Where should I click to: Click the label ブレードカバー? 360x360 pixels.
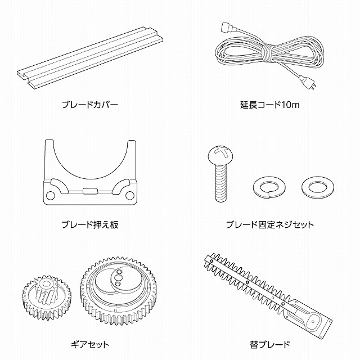pyautogui.click(x=90, y=105)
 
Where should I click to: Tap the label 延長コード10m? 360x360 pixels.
pyautogui.click(x=270, y=105)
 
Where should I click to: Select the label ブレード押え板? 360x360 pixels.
pyautogui.click(x=90, y=224)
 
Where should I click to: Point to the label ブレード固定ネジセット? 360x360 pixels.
pyautogui.click(x=270, y=224)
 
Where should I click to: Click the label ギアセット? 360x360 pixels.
pyautogui.click(x=90, y=344)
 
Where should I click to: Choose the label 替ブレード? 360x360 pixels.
pyautogui.click(x=270, y=344)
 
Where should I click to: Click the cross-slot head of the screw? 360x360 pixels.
pyautogui.click(x=220, y=154)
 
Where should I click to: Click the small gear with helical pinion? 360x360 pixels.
pyautogui.click(x=47, y=298)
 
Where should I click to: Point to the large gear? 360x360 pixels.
pyautogui.click(x=119, y=290)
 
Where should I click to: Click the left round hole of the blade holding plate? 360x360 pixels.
pyautogui.click(x=51, y=195)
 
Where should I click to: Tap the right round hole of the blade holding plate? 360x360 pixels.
pyautogui.click(x=130, y=195)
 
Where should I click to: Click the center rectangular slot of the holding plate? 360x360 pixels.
pyautogui.click(x=90, y=191)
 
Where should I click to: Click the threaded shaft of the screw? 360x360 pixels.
pyautogui.click(x=221, y=181)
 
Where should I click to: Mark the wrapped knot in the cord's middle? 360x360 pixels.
pyautogui.click(x=268, y=53)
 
